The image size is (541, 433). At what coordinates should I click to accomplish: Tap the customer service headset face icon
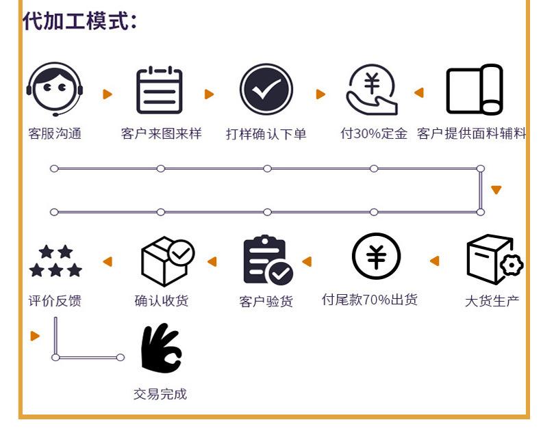click(55, 89)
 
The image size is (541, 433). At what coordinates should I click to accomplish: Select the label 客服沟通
click(55, 133)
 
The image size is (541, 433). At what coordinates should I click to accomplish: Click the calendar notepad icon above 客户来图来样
click(160, 90)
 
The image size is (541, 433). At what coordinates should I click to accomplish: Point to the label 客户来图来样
click(161, 133)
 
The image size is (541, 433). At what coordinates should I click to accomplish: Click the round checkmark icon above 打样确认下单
click(266, 90)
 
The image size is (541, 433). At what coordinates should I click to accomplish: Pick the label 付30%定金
click(374, 133)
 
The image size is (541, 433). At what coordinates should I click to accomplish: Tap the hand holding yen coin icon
click(372, 90)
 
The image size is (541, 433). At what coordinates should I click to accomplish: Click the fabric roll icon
click(475, 90)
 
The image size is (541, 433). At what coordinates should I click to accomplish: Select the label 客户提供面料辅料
click(472, 133)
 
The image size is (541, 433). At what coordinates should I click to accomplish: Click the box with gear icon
click(493, 260)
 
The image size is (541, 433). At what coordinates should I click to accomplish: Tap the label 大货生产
click(492, 301)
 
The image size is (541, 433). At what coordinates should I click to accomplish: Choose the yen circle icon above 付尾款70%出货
click(376, 257)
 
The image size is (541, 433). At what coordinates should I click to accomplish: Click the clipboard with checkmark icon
click(267, 260)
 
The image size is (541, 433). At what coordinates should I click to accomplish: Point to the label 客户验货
click(266, 301)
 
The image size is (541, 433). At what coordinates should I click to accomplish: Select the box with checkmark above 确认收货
click(166, 261)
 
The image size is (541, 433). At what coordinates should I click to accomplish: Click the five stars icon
click(55, 261)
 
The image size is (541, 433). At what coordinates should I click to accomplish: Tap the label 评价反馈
click(55, 301)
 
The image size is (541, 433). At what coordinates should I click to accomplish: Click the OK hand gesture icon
click(160, 349)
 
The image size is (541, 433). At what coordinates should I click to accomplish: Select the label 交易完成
click(160, 394)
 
